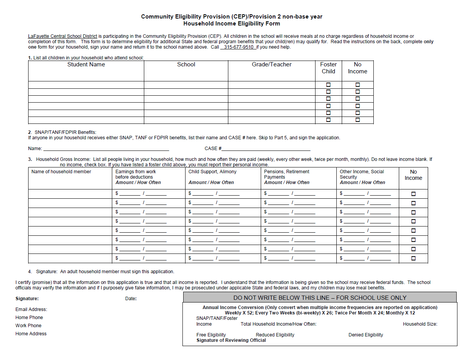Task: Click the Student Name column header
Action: [x=86, y=64]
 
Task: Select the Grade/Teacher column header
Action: [x=272, y=64]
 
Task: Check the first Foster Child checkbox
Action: [x=328, y=85]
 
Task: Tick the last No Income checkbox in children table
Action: [x=358, y=120]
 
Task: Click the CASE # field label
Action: [x=213, y=149]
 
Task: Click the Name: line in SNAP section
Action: [x=106, y=149]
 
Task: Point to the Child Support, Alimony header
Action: [x=212, y=172]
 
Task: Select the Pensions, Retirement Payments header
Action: [x=287, y=174]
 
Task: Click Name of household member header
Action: [x=61, y=172]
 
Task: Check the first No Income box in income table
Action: [x=413, y=194]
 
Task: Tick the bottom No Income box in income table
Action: [x=413, y=258]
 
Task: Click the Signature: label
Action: [x=27, y=299]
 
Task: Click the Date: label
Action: [x=131, y=299]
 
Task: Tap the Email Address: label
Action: [x=31, y=309]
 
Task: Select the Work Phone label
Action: [x=28, y=326]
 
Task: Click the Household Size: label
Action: [x=420, y=324]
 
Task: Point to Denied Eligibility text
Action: [x=366, y=335]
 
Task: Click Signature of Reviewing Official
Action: [x=231, y=340]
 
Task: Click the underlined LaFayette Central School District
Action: [x=62, y=36]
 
